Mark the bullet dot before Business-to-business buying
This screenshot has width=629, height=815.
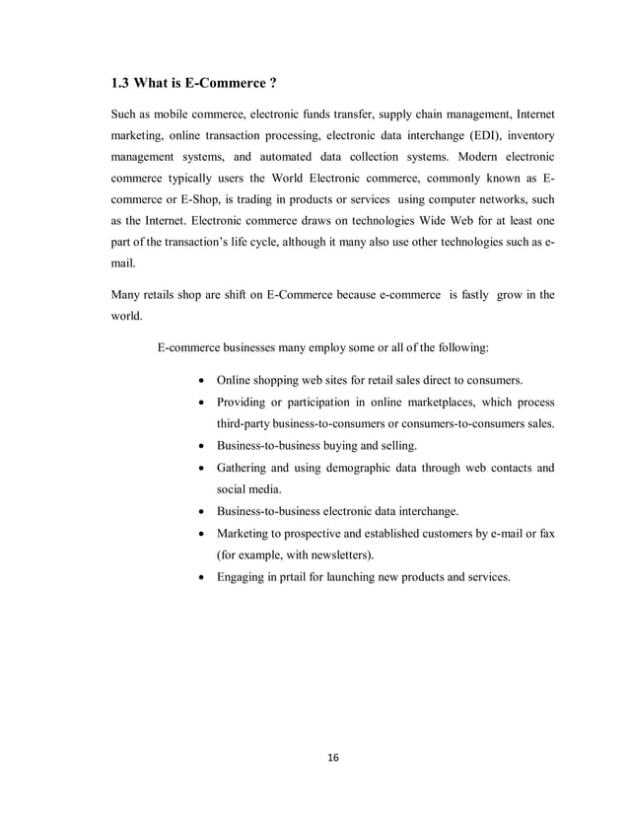point(202,446)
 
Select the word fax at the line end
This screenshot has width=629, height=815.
point(544,533)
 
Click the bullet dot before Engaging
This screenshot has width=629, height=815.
point(202,577)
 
